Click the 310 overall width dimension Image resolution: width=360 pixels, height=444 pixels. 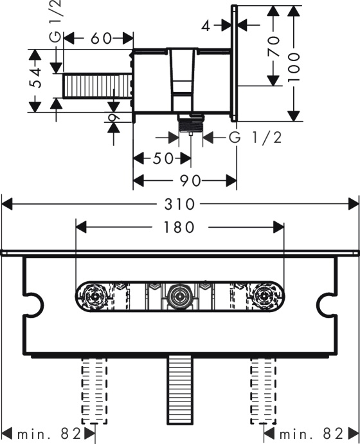(x=180, y=204)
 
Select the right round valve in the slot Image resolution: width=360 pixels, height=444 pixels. (x=264, y=297)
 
